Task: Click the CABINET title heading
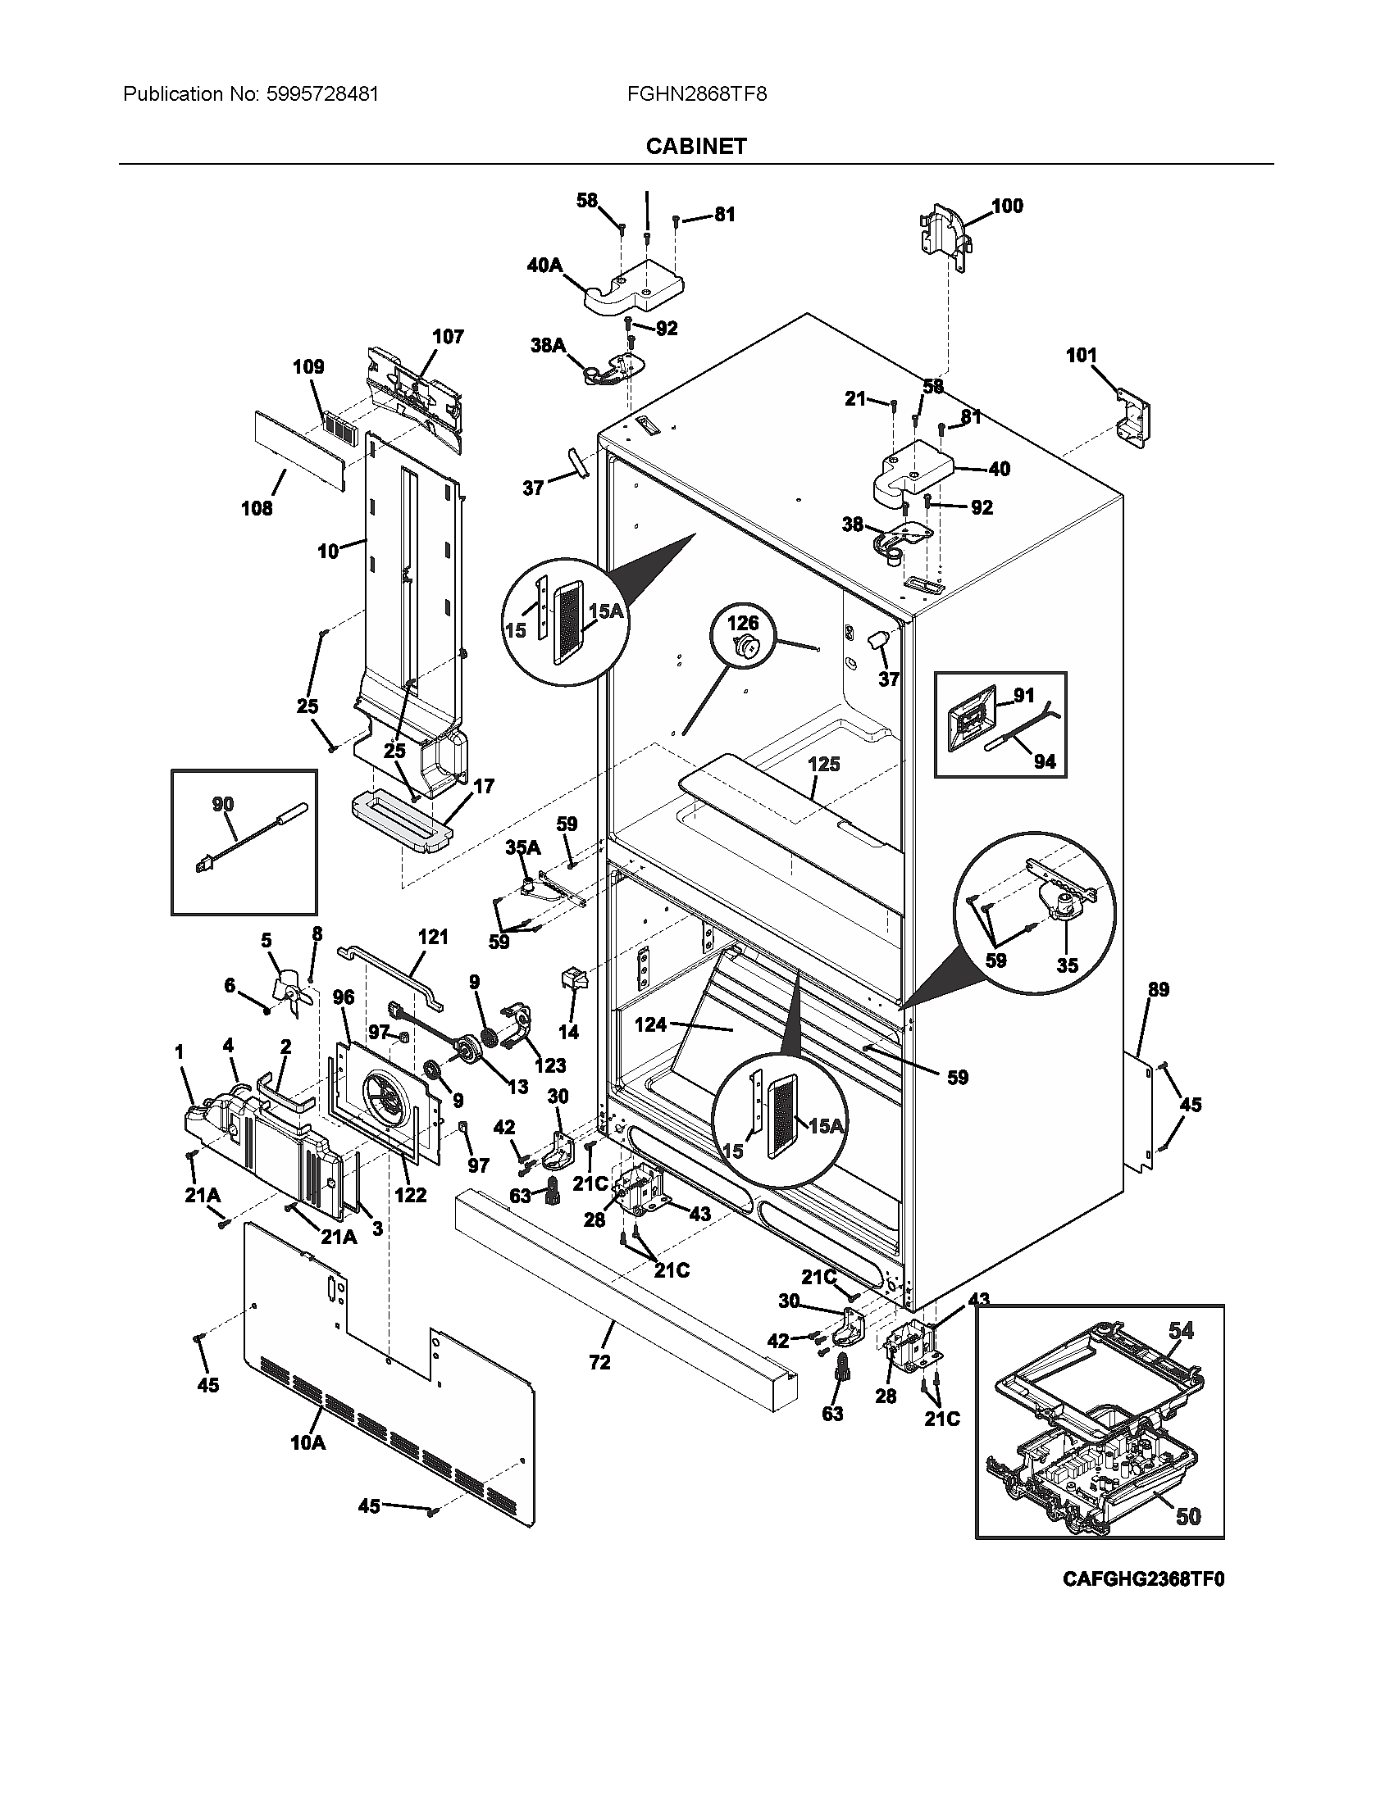(695, 146)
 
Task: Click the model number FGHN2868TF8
(696, 94)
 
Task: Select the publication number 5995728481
(323, 94)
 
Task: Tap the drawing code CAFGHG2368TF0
(1143, 1579)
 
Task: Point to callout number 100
(1007, 206)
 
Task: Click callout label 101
(1081, 356)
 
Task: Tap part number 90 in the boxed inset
(223, 804)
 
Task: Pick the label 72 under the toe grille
(599, 1362)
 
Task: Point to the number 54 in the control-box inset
(1181, 1330)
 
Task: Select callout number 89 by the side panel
(1159, 989)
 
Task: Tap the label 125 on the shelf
(823, 764)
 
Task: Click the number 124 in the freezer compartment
(651, 1024)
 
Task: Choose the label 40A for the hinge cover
(544, 266)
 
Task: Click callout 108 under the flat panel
(256, 508)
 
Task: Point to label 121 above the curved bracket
(433, 936)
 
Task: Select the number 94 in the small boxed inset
(1045, 761)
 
